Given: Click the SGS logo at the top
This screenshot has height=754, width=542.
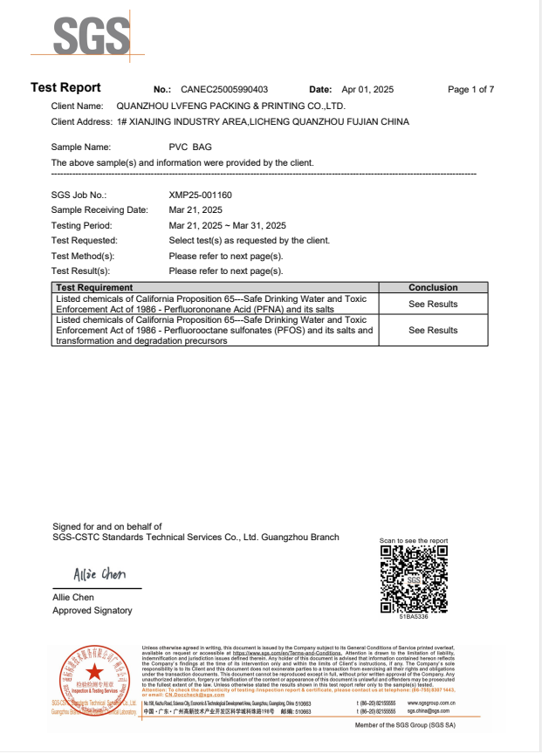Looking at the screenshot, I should [x=92, y=36].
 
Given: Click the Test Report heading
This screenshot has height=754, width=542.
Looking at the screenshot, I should [x=65, y=88].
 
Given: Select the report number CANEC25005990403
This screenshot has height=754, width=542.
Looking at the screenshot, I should [x=224, y=90].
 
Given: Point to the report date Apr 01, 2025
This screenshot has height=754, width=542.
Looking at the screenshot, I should [x=367, y=90].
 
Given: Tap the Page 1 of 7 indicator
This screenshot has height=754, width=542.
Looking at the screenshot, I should [x=470, y=90].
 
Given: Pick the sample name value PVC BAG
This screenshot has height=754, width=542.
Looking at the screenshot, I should [x=190, y=147].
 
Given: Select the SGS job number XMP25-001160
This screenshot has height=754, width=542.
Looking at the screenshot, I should [x=200, y=195].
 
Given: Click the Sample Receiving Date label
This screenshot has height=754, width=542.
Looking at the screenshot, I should [x=99, y=210].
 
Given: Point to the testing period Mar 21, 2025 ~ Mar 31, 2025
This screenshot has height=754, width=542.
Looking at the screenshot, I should [x=227, y=225].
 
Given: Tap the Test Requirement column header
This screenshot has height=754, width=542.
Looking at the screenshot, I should [x=94, y=287].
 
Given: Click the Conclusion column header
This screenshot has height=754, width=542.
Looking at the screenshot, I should [x=433, y=287].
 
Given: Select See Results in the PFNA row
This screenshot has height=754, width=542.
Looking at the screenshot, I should [x=433, y=304].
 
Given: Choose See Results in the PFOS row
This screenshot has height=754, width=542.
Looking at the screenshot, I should [x=433, y=330].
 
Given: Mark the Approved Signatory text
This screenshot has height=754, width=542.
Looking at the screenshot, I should [x=93, y=611].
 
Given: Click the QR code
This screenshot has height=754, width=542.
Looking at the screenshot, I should [x=415, y=579].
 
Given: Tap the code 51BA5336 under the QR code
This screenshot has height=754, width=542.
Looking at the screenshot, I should [x=415, y=617].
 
